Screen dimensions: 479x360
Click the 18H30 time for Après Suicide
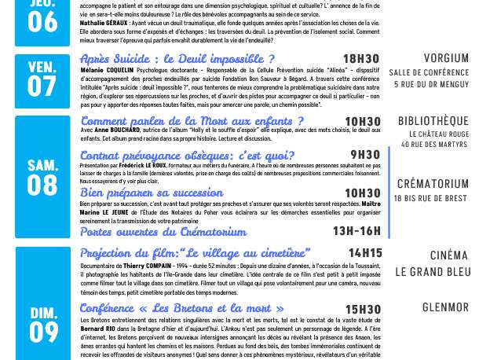(360, 59)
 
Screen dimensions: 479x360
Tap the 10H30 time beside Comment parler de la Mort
(363, 121)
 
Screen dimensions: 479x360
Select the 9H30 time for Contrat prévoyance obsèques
(365, 156)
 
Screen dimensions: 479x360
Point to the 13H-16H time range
(357, 231)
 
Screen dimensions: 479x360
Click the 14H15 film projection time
(365, 253)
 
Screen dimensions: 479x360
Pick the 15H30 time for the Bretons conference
(363, 310)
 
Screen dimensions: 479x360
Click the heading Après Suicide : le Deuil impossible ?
(177, 59)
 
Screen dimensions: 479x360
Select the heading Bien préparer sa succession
(152, 193)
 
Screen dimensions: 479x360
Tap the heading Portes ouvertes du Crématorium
(163, 232)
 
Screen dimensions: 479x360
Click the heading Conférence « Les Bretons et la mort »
(182, 309)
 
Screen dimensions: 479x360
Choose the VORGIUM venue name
(446, 58)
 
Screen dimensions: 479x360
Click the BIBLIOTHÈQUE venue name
(433, 121)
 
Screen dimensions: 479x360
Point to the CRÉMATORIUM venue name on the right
(433, 184)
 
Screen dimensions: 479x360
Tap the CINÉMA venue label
(449, 255)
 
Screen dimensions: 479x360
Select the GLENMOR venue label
(445, 307)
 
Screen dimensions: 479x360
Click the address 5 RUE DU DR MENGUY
(431, 83)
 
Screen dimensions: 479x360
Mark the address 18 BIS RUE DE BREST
(431, 198)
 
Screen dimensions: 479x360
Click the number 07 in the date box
(42, 86)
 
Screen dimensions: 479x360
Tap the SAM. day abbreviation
(42, 165)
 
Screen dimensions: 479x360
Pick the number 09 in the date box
(43, 332)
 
